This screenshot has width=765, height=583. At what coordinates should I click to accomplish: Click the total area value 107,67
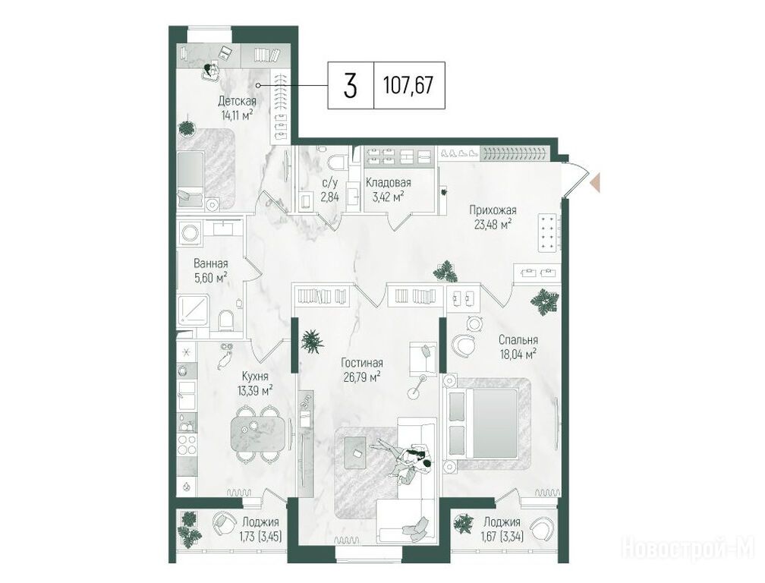[x=408, y=86]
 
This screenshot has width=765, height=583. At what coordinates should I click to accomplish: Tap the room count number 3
[x=351, y=86]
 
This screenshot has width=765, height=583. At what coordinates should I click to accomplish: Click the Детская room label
[x=237, y=102]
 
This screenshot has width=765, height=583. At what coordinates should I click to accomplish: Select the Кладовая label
[x=389, y=183]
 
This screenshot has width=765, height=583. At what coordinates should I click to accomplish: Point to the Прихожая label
[x=493, y=211]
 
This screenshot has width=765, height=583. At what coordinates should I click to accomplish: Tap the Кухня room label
[x=255, y=377]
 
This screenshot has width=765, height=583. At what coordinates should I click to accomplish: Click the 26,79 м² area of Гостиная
[x=361, y=377]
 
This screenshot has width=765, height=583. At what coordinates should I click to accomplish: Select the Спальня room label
[x=518, y=340]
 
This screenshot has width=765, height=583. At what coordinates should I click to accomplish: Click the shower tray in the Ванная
[x=194, y=309]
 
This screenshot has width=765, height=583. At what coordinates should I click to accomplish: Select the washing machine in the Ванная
[x=189, y=233]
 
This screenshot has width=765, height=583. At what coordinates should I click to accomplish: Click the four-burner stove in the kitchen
[x=187, y=445]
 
